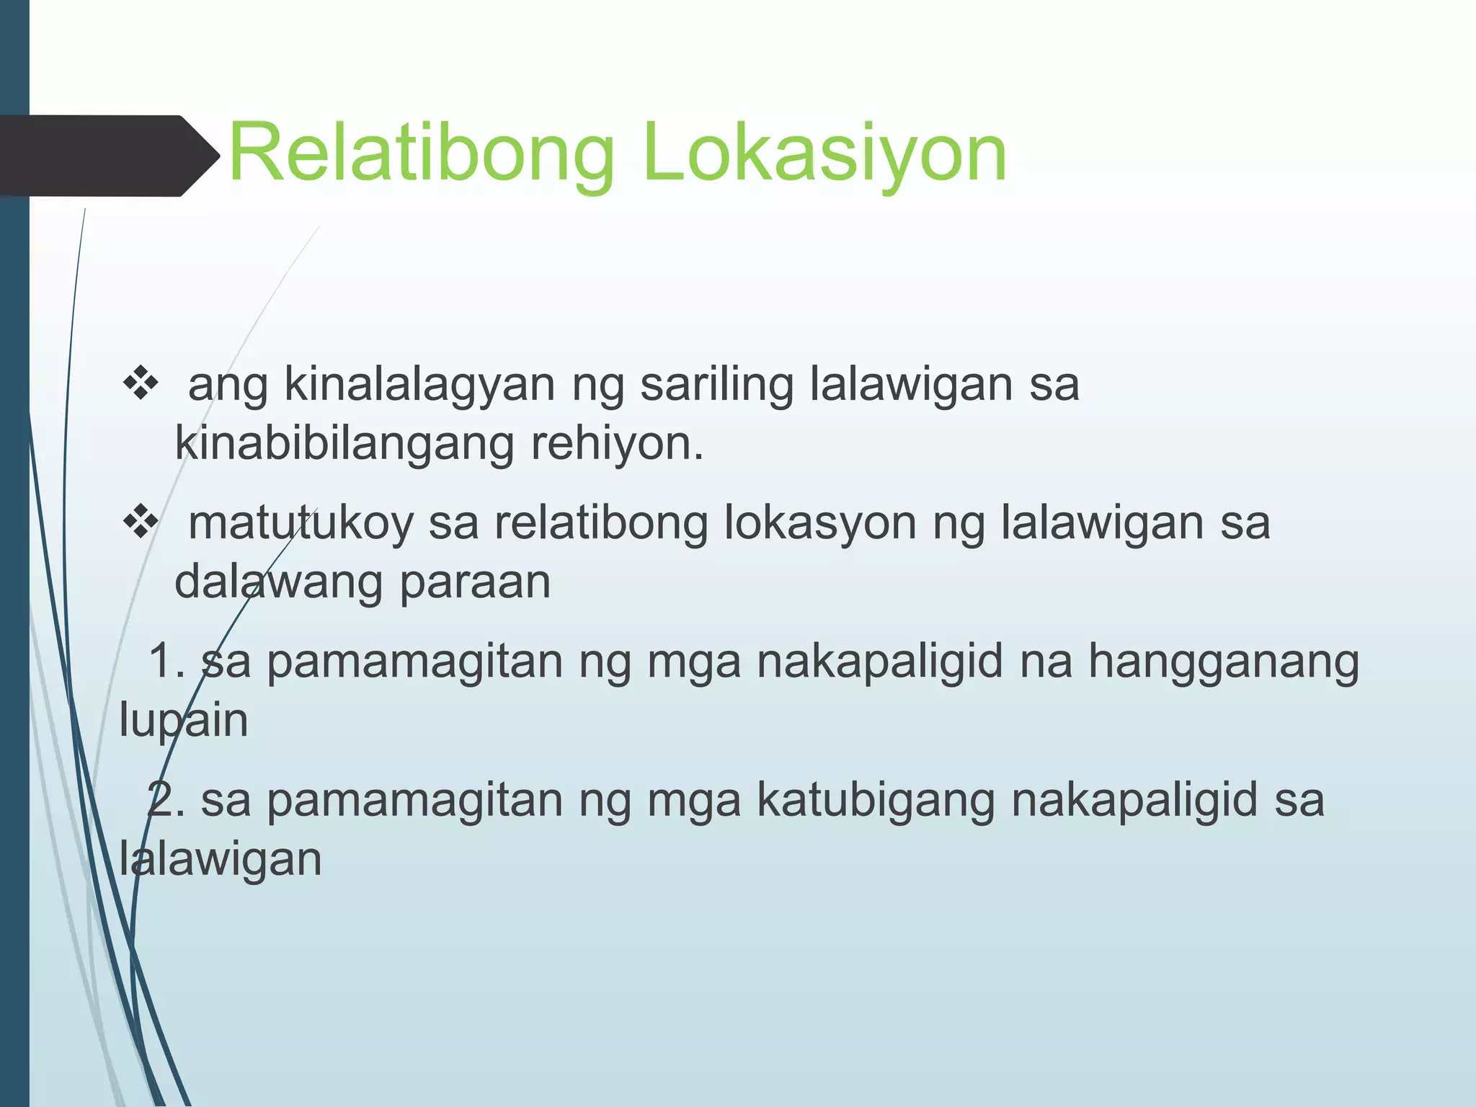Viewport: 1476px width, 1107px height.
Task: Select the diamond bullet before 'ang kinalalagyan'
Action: tap(141, 384)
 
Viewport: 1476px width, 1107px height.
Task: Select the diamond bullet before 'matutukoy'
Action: tap(141, 523)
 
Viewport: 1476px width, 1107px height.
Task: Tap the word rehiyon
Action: tap(616, 444)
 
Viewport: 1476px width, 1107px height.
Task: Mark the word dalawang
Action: tap(278, 582)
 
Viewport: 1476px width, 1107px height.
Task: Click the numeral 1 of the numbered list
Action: tap(162, 661)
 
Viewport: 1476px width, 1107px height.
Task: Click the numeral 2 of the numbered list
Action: tap(162, 800)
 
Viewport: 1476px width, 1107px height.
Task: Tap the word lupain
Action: tap(184, 721)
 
